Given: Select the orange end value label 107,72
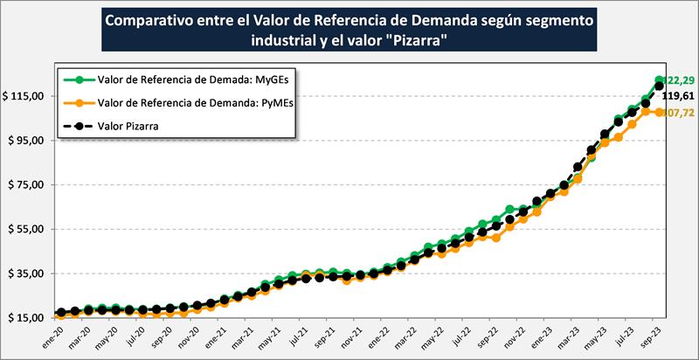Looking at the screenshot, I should point(680,114).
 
